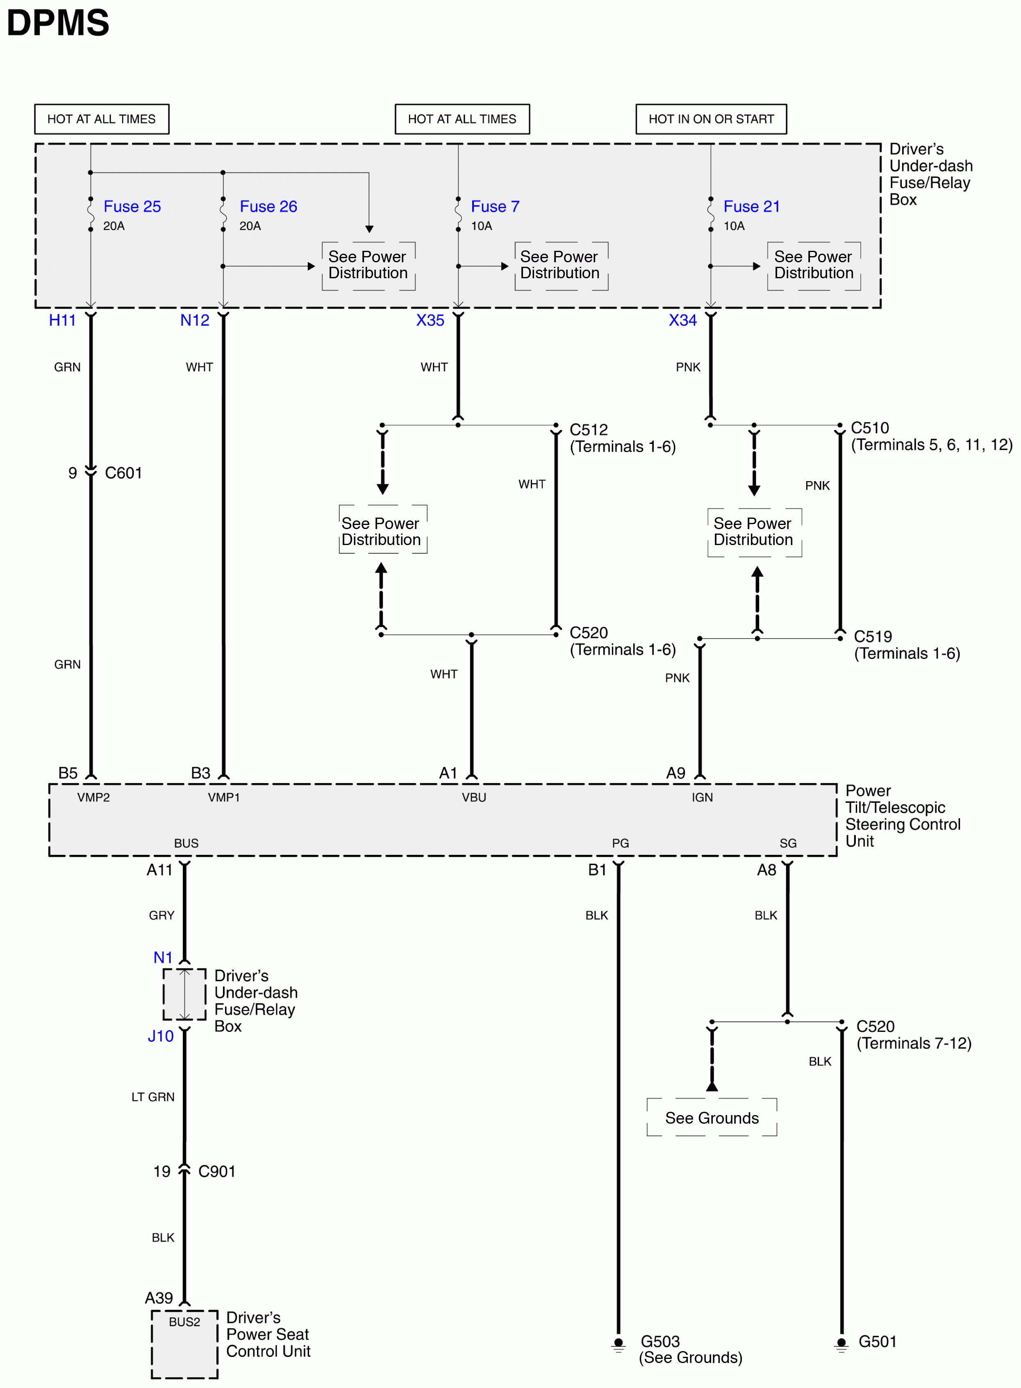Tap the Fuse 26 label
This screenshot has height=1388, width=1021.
(268, 207)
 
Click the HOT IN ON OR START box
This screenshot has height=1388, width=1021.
(711, 119)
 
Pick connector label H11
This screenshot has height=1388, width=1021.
(62, 320)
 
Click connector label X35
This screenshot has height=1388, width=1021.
(430, 320)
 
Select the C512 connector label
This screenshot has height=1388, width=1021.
(588, 429)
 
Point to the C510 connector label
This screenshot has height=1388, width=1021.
(870, 428)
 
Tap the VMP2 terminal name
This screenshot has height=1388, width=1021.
(93, 797)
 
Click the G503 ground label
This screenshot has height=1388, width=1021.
(659, 1341)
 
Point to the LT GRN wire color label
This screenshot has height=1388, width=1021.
(152, 1097)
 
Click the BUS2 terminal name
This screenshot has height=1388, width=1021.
(184, 1321)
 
